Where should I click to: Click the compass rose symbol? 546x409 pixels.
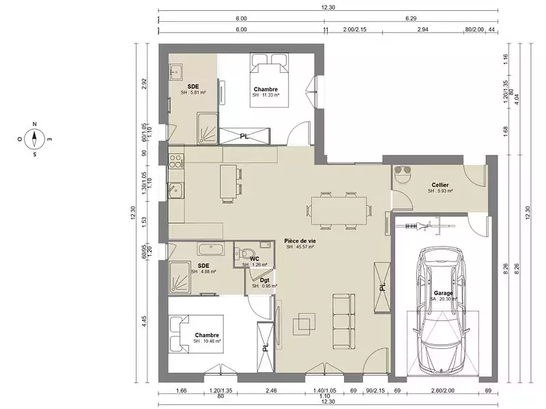(x=35, y=139)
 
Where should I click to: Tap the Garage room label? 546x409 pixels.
(x=443, y=292)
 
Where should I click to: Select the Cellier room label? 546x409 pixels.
(x=440, y=185)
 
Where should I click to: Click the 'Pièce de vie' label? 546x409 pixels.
(x=300, y=241)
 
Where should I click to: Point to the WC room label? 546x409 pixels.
(x=254, y=258)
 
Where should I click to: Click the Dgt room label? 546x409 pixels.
(x=264, y=279)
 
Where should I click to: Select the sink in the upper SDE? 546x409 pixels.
(x=175, y=71)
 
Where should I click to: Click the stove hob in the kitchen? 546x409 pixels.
(x=175, y=162)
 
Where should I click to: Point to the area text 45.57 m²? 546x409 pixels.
(x=301, y=247)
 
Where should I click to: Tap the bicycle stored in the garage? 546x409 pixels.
(x=431, y=224)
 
